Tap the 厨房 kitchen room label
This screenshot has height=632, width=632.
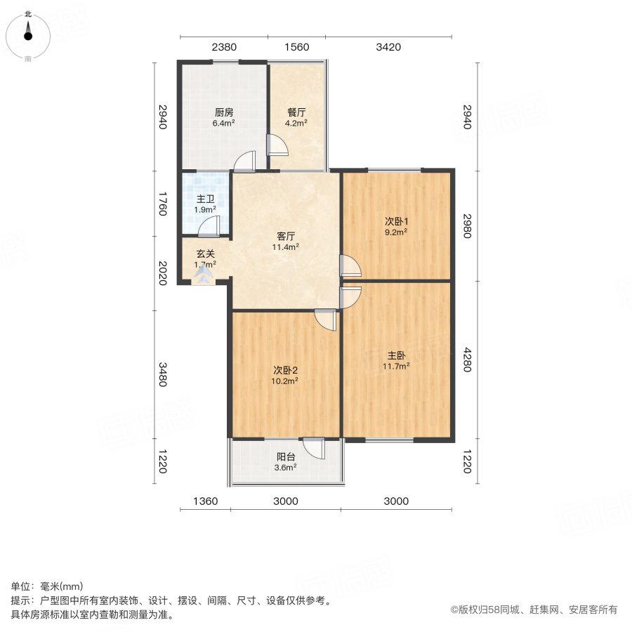pyautogui.click(x=224, y=112)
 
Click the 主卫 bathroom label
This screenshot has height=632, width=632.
pyautogui.click(x=205, y=199)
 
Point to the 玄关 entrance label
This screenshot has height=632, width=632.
pyautogui.click(x=205, y=254)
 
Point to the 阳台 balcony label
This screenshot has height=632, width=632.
pyautogui.click(x=286, y=456)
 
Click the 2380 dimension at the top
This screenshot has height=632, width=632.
pyautogui.click(x=224, y=48)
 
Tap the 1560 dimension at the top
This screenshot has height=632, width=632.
pyautogui.click(x=296, y=48)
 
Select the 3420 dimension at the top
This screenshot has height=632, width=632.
pyautogui.click(x=388, y=48)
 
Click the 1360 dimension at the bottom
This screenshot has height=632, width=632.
pyautogui.click(x=205, y=501)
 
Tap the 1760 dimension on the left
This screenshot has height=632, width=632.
pyautogui.click(x=163, y=204)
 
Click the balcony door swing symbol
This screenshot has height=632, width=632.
pyautogui.click(x=313, y=448)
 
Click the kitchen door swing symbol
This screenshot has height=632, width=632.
pyautogui.click(x=244, y=162)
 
